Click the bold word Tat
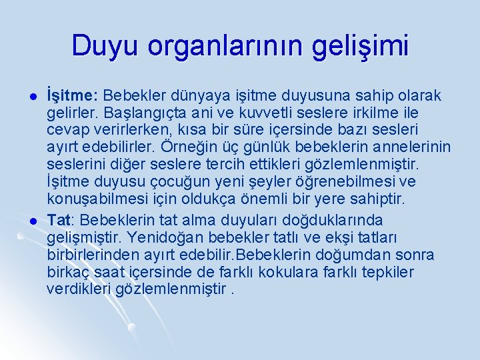[x=59, y=220]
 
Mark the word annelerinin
[x=412, y=146]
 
